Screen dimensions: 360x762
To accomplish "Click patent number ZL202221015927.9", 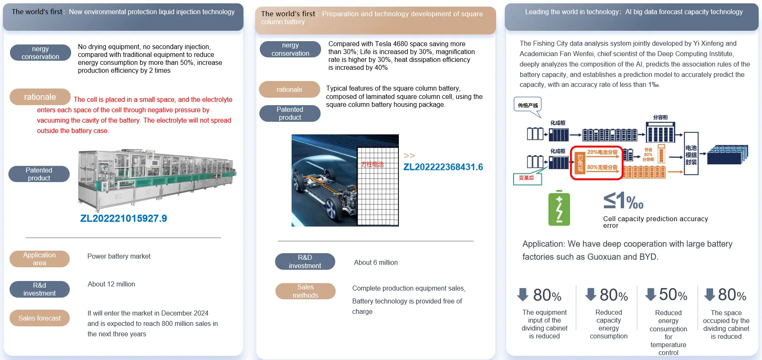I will (x=123, y=219).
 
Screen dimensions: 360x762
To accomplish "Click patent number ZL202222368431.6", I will (x=443, y=167).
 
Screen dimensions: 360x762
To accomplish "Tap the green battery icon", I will (x=559, y=209).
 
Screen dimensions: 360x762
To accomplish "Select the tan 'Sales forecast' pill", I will (x=39, y=318).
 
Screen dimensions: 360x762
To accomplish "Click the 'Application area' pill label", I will (x=39, y=259).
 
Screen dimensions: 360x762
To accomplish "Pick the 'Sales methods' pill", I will (x=305, y=291).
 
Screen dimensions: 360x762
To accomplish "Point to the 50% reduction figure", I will (x=673, y=295).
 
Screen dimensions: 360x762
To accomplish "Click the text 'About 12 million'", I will (x=111, y=284).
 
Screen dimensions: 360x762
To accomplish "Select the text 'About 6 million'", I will (x=376, y=263).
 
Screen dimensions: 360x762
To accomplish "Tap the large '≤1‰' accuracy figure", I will (x=623, y=201).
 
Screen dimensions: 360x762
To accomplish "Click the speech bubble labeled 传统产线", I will (x=528, y=105).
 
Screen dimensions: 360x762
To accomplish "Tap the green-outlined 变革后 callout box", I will (x=527, y=178).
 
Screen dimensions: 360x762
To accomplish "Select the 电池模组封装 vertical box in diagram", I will (x=691, y=154).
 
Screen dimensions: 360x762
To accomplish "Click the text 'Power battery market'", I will (x=119, y=256).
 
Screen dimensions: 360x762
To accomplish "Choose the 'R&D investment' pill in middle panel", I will (x=305, y=261).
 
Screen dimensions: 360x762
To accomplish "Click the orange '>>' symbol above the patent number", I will (x=409, y=155).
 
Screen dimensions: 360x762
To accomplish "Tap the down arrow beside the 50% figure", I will (x=651, y=295).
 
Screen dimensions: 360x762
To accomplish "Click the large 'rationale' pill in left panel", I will (x=40, y=97).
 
